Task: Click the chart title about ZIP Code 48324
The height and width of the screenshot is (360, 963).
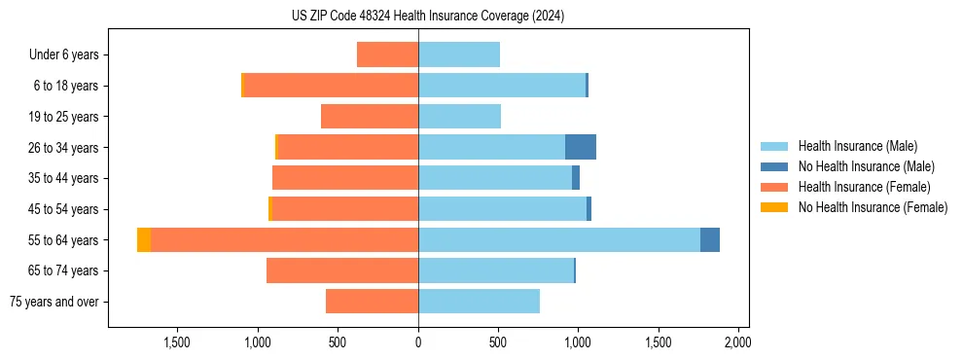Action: (x=428, y=17)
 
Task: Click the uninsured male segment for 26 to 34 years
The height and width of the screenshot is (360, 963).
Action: (x=580, y=147)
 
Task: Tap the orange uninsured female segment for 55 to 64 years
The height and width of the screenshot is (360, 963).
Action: (x=144, y=239)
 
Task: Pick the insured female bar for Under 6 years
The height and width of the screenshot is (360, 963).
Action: (x=387, y=54)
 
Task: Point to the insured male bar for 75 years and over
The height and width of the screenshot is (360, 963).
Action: (x=479, y=302)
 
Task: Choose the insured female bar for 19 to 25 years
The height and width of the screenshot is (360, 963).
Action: (x=370, y=117)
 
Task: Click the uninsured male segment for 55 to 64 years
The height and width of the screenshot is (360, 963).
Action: (x=710, y=239)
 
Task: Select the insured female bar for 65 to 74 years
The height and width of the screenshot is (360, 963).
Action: (x=342, y=270)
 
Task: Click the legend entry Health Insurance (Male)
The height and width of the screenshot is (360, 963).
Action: (x=857, y=146)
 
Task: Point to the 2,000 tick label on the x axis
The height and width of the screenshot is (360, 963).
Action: (x=737, y=342)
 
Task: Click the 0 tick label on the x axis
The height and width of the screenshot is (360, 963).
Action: (x=418, y=342)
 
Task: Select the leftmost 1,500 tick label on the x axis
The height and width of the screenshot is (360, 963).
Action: (x=176, y=342)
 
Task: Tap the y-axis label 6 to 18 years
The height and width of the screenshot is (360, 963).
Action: (x=66, y=86)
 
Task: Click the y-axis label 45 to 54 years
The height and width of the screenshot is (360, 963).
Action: (x=63, y=209)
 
